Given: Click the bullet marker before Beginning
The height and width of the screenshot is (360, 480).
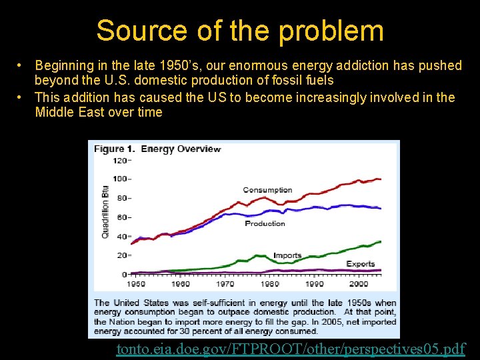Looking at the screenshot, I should click(21, 65).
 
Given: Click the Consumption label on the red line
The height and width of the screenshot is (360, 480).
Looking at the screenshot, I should click(267, 190).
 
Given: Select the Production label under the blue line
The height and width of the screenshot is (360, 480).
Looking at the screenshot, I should click(265, 223).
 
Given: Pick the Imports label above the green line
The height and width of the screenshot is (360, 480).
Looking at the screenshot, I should click(287, 255).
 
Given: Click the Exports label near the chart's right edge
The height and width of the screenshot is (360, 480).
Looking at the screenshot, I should click(361, 264).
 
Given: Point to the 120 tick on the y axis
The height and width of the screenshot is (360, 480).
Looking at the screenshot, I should click(119, 160).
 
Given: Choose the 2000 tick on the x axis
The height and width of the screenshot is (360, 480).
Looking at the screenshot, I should click(358, 283).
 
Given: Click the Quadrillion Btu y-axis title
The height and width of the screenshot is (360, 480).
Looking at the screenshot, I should click(105, 211).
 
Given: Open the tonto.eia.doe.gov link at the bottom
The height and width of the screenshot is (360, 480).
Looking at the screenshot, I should click(291, 349).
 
